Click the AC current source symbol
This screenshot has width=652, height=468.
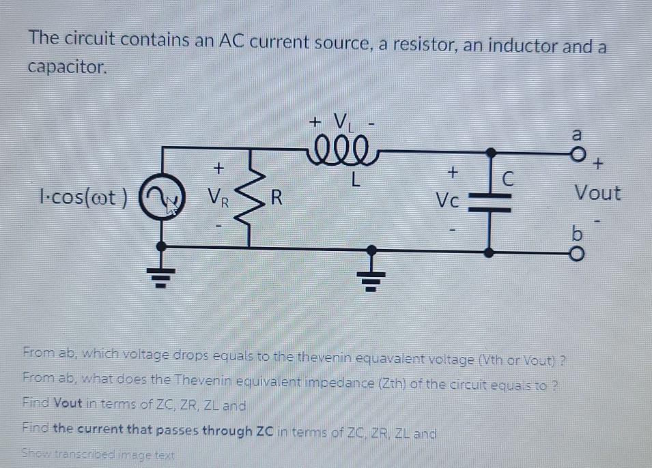coord(162,199)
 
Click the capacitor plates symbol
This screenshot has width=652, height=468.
coord(490,200)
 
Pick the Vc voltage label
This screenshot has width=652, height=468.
coord(450,200)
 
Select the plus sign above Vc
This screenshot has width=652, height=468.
coord(451,169)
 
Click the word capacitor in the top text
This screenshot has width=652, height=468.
coord(66,67)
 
